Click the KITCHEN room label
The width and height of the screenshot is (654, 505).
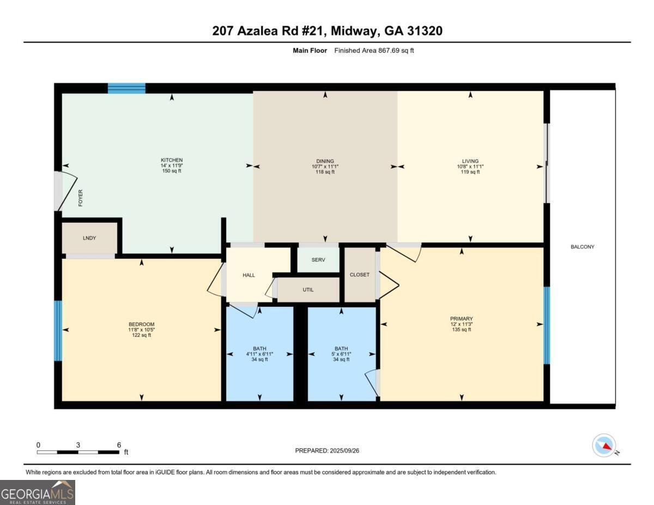point(172,160)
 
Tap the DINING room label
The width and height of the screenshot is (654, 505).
point(325,161)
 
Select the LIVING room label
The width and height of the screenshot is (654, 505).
point(470,161)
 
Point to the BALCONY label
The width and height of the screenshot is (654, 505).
point(582,247)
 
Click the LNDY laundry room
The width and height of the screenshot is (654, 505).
point(89,239)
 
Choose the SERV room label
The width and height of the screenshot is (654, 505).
point(318,260)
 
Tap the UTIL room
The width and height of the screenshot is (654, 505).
point(308,290)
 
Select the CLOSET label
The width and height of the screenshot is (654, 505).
point(359,275)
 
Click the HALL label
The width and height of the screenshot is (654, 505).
point(249,276)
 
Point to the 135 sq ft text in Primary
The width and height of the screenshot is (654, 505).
point(461,330)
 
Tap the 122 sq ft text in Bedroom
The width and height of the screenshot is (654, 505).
point(142,335)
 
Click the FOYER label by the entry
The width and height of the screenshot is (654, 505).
point(81,198)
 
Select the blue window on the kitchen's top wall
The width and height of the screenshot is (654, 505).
point(126,88)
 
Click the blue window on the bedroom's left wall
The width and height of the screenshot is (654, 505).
point(58,331)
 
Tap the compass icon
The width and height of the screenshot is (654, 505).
point(604,445)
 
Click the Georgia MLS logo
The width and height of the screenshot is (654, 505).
point(38,492)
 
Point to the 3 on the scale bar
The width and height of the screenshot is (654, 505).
point(78,445)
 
